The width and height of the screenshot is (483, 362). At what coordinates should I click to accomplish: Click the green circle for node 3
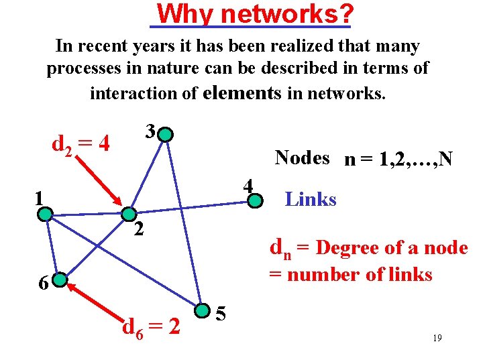click(166, 135)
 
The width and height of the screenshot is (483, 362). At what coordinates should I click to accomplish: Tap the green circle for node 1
click(45, 214)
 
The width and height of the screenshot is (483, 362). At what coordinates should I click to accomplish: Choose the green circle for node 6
click(60, 279)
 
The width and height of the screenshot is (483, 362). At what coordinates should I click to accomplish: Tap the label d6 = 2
click(151, 328)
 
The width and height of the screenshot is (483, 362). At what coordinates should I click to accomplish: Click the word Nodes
click(302, 158)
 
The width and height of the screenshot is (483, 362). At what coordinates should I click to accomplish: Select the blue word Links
click(311, 199)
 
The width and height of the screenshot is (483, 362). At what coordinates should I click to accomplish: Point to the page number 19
click(437, 339)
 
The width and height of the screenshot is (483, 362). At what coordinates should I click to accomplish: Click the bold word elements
click(241, 93)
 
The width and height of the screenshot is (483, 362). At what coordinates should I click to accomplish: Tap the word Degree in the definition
click(349, 247)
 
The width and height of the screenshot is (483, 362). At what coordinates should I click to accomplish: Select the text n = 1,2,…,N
click(398, 160)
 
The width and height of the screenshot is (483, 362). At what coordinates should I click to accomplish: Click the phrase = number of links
click(350, 274)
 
